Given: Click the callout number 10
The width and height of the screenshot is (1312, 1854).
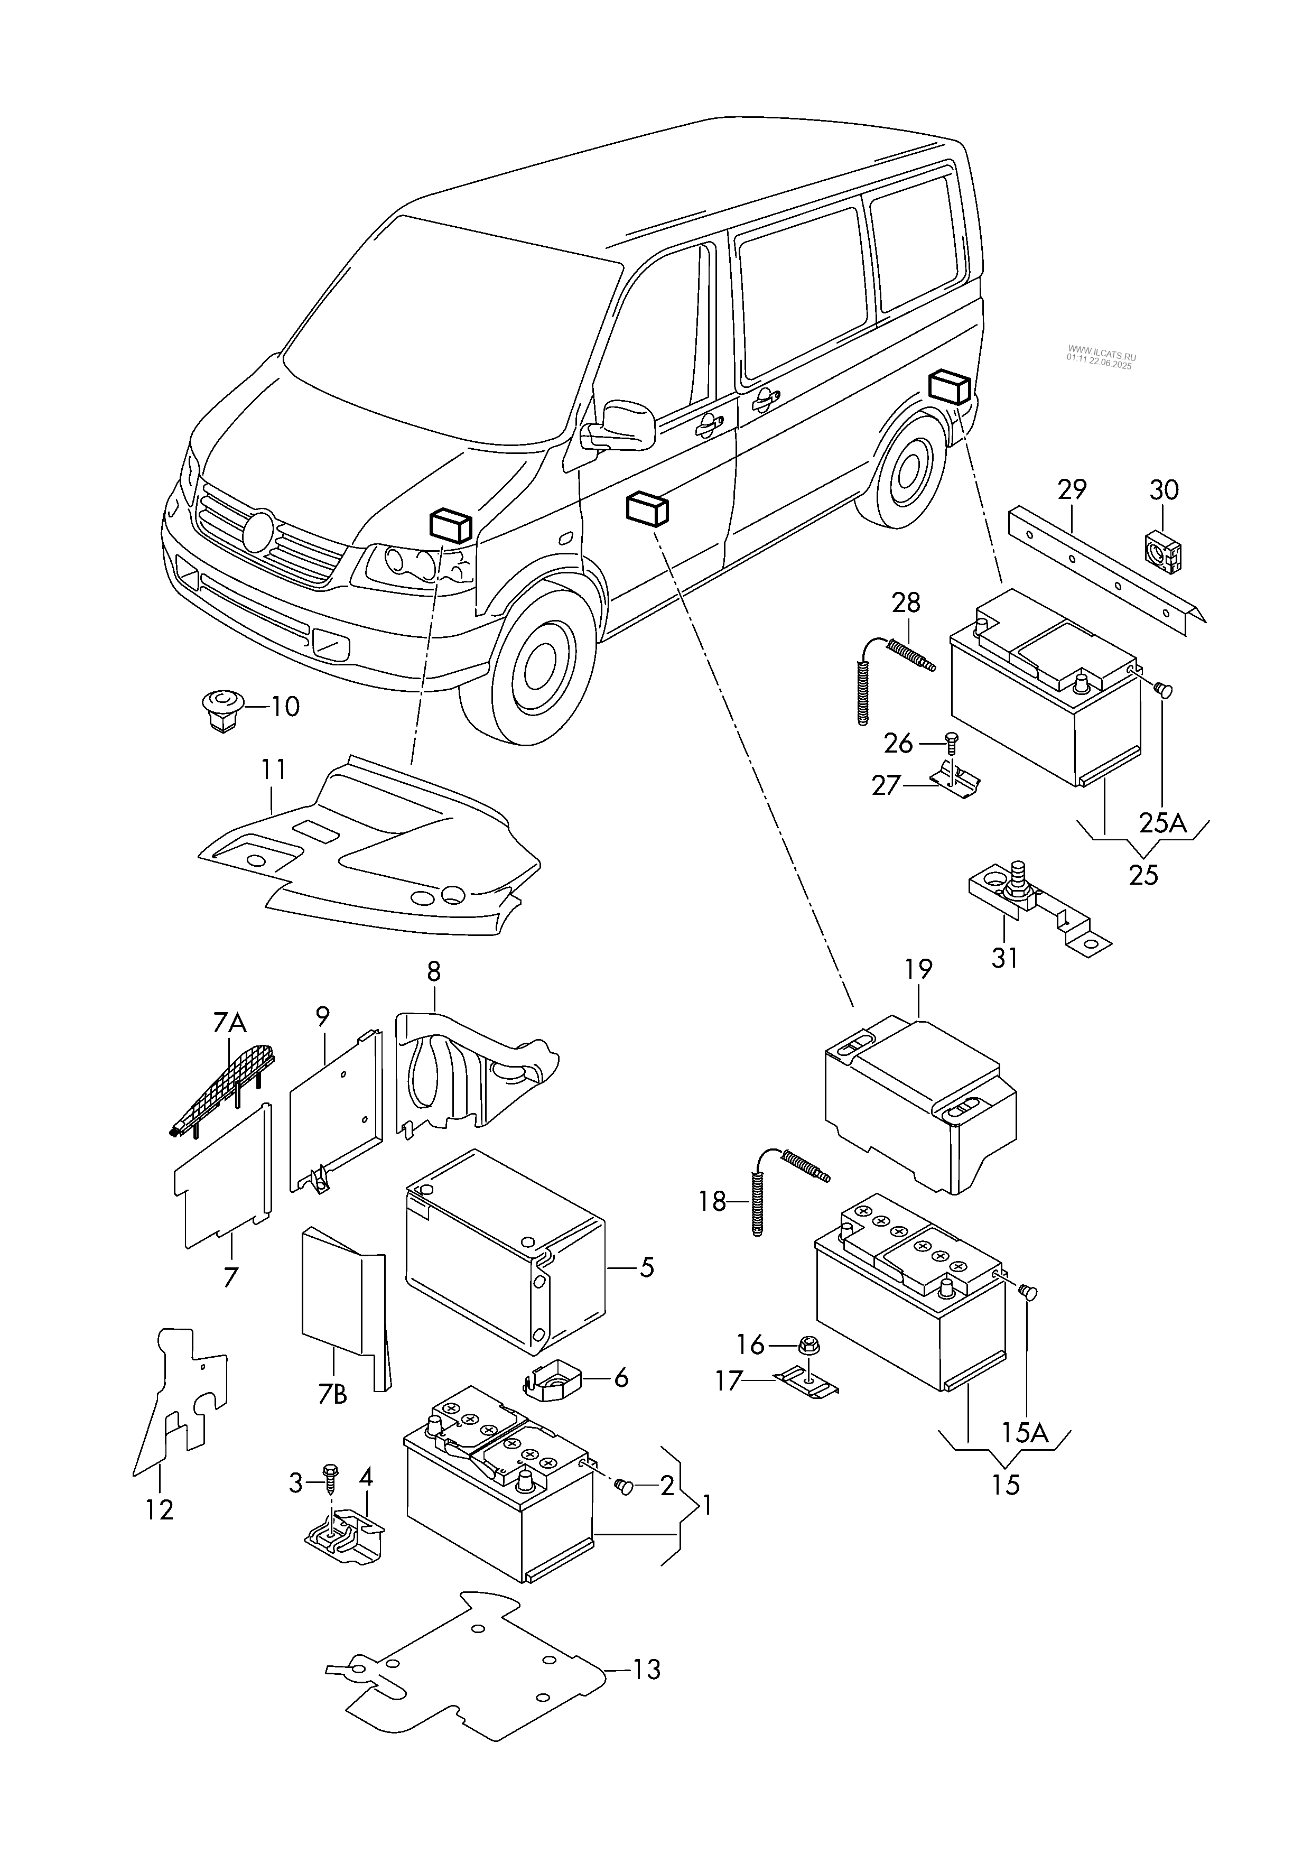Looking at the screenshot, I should click(284, 707).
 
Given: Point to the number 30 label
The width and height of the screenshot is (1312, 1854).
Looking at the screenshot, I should click(1164, 489).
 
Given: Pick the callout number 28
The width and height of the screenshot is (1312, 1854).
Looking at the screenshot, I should click(906, 602).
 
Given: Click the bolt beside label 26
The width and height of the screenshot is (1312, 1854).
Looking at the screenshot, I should click(950, 741).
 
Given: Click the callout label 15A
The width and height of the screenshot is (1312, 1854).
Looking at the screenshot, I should click(1025, 1433).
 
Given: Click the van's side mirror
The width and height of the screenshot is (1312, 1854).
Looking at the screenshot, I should click(622, 423).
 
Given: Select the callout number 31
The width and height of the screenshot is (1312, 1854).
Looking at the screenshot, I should click(1004, 958).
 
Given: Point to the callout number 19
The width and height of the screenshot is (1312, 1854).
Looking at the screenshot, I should click(918, 969).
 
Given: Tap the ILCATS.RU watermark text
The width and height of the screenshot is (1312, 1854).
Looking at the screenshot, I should click(1100, 359).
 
